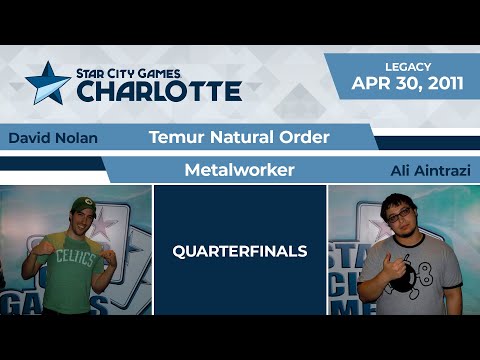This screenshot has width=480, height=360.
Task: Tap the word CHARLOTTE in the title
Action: [x=159, y=91]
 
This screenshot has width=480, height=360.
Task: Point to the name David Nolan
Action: [x=52, y=138]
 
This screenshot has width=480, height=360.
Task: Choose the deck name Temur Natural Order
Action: [x=239, y=137]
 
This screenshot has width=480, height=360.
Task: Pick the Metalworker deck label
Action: [x=239, y=170]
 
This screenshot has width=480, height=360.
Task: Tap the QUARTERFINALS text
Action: [x=239, y=251]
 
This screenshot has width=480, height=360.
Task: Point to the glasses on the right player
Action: [x=398, y=214]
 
